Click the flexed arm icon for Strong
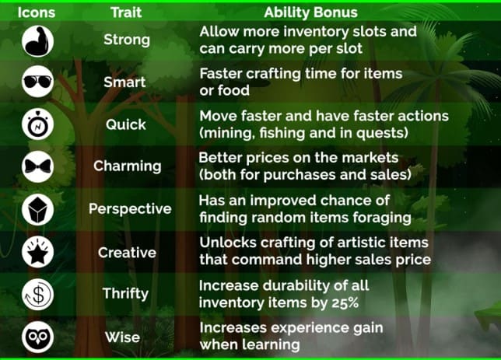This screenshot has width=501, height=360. point(37,41)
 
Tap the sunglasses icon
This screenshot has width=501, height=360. point(37,82)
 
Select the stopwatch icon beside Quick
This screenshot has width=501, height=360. point(37,124)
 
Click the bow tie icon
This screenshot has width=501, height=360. point(37,166)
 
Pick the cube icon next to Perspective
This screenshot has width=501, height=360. point(37,209)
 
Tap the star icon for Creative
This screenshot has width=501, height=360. point(37,252)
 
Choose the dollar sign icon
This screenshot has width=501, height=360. point(37,294)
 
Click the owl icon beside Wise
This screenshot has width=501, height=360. point(37,337)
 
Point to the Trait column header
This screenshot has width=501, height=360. point(126,12)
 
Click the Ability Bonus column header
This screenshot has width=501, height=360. point(310,12)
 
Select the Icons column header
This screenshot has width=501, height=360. point(37,12)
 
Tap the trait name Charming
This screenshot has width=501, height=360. point(128,166)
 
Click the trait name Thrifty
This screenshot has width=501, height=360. point(125,294)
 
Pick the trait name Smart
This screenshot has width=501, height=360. point(124,82)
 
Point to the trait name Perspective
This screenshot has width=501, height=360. point(130,209)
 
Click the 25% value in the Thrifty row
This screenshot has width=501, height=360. point(345,302)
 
